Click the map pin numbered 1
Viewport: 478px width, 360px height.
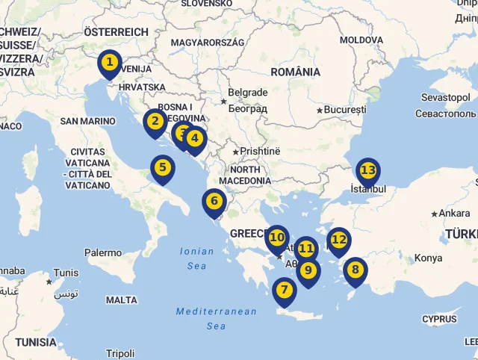[x=110, y=63]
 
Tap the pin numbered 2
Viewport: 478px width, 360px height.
[x=155, y=122]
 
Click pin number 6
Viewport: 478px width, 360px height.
[x=214, y=202]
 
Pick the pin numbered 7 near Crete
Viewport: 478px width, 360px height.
[x=285, y=290]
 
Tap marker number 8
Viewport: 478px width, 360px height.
[x=355, y=270]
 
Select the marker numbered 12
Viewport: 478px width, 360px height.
[x=339, y=240]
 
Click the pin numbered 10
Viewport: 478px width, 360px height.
[x=276, y=238]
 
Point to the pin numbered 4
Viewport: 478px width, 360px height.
[x=196, y=138]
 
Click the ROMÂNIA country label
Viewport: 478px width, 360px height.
[x=296, y=72]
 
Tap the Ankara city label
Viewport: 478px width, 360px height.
[x=455, y=213]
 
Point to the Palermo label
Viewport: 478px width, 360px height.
[x=103, y=253]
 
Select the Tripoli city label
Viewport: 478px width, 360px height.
[x=120, y=353]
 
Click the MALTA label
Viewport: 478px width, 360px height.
[x=122, y=300]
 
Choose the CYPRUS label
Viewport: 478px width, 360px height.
[x=439, y=319]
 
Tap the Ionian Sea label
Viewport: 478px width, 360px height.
[x=197, y=258]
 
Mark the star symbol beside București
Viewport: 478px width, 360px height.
[x=320, y=111]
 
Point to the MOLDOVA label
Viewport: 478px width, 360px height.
[x=361, y=40]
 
